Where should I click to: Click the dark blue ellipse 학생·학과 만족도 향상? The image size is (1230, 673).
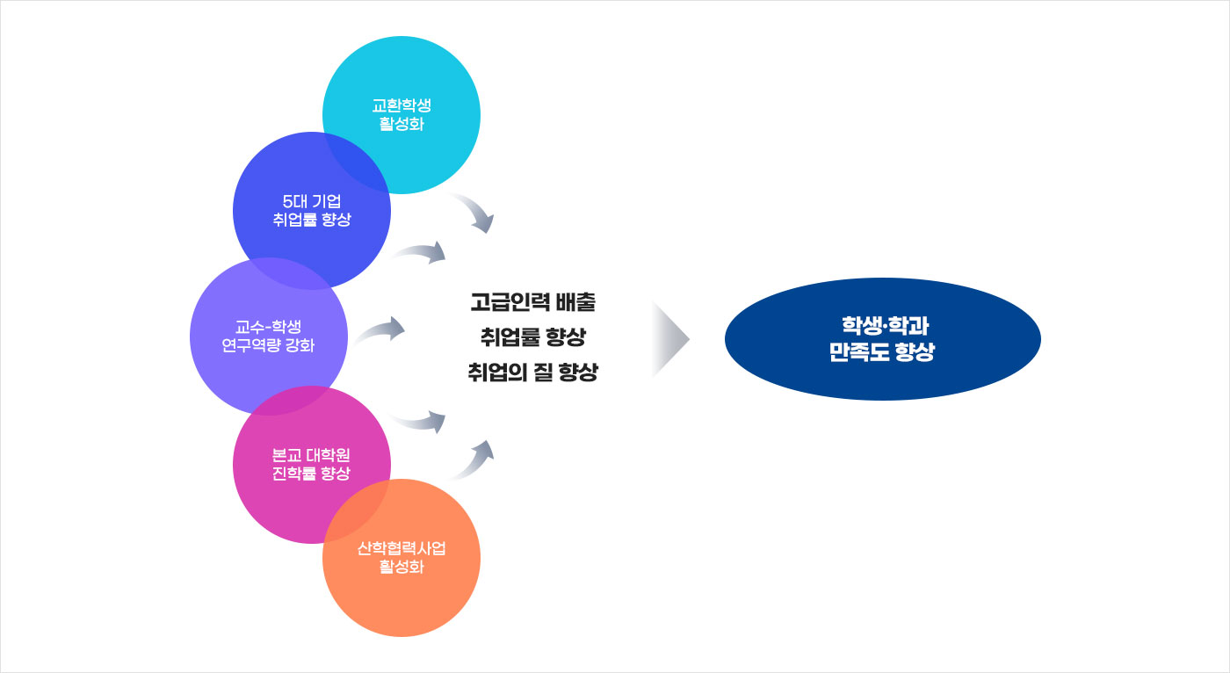(882, 339)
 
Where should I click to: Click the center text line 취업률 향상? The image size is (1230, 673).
(532, 337)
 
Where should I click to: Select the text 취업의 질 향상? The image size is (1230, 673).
(532, 372)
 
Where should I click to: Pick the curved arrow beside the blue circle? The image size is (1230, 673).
(421, 253)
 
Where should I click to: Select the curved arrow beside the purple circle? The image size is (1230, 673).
(379, 331)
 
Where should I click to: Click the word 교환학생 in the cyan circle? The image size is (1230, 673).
(402, 105)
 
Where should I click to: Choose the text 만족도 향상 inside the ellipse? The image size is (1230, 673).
(881, 353)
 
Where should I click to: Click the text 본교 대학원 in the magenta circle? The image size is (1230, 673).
(311, 456)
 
